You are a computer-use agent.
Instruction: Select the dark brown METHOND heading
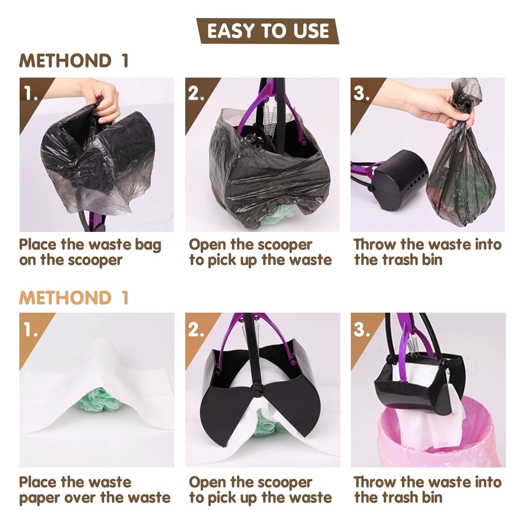tap(65, 61)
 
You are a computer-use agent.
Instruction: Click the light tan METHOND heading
tap(65, 297)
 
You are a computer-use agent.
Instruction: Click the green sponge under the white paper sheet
tap(99, 400)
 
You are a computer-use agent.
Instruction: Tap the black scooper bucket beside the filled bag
tap(400, 176)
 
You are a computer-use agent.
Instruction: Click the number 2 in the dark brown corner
tap(196, 94)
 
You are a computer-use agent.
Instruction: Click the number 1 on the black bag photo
tap(31, 94)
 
